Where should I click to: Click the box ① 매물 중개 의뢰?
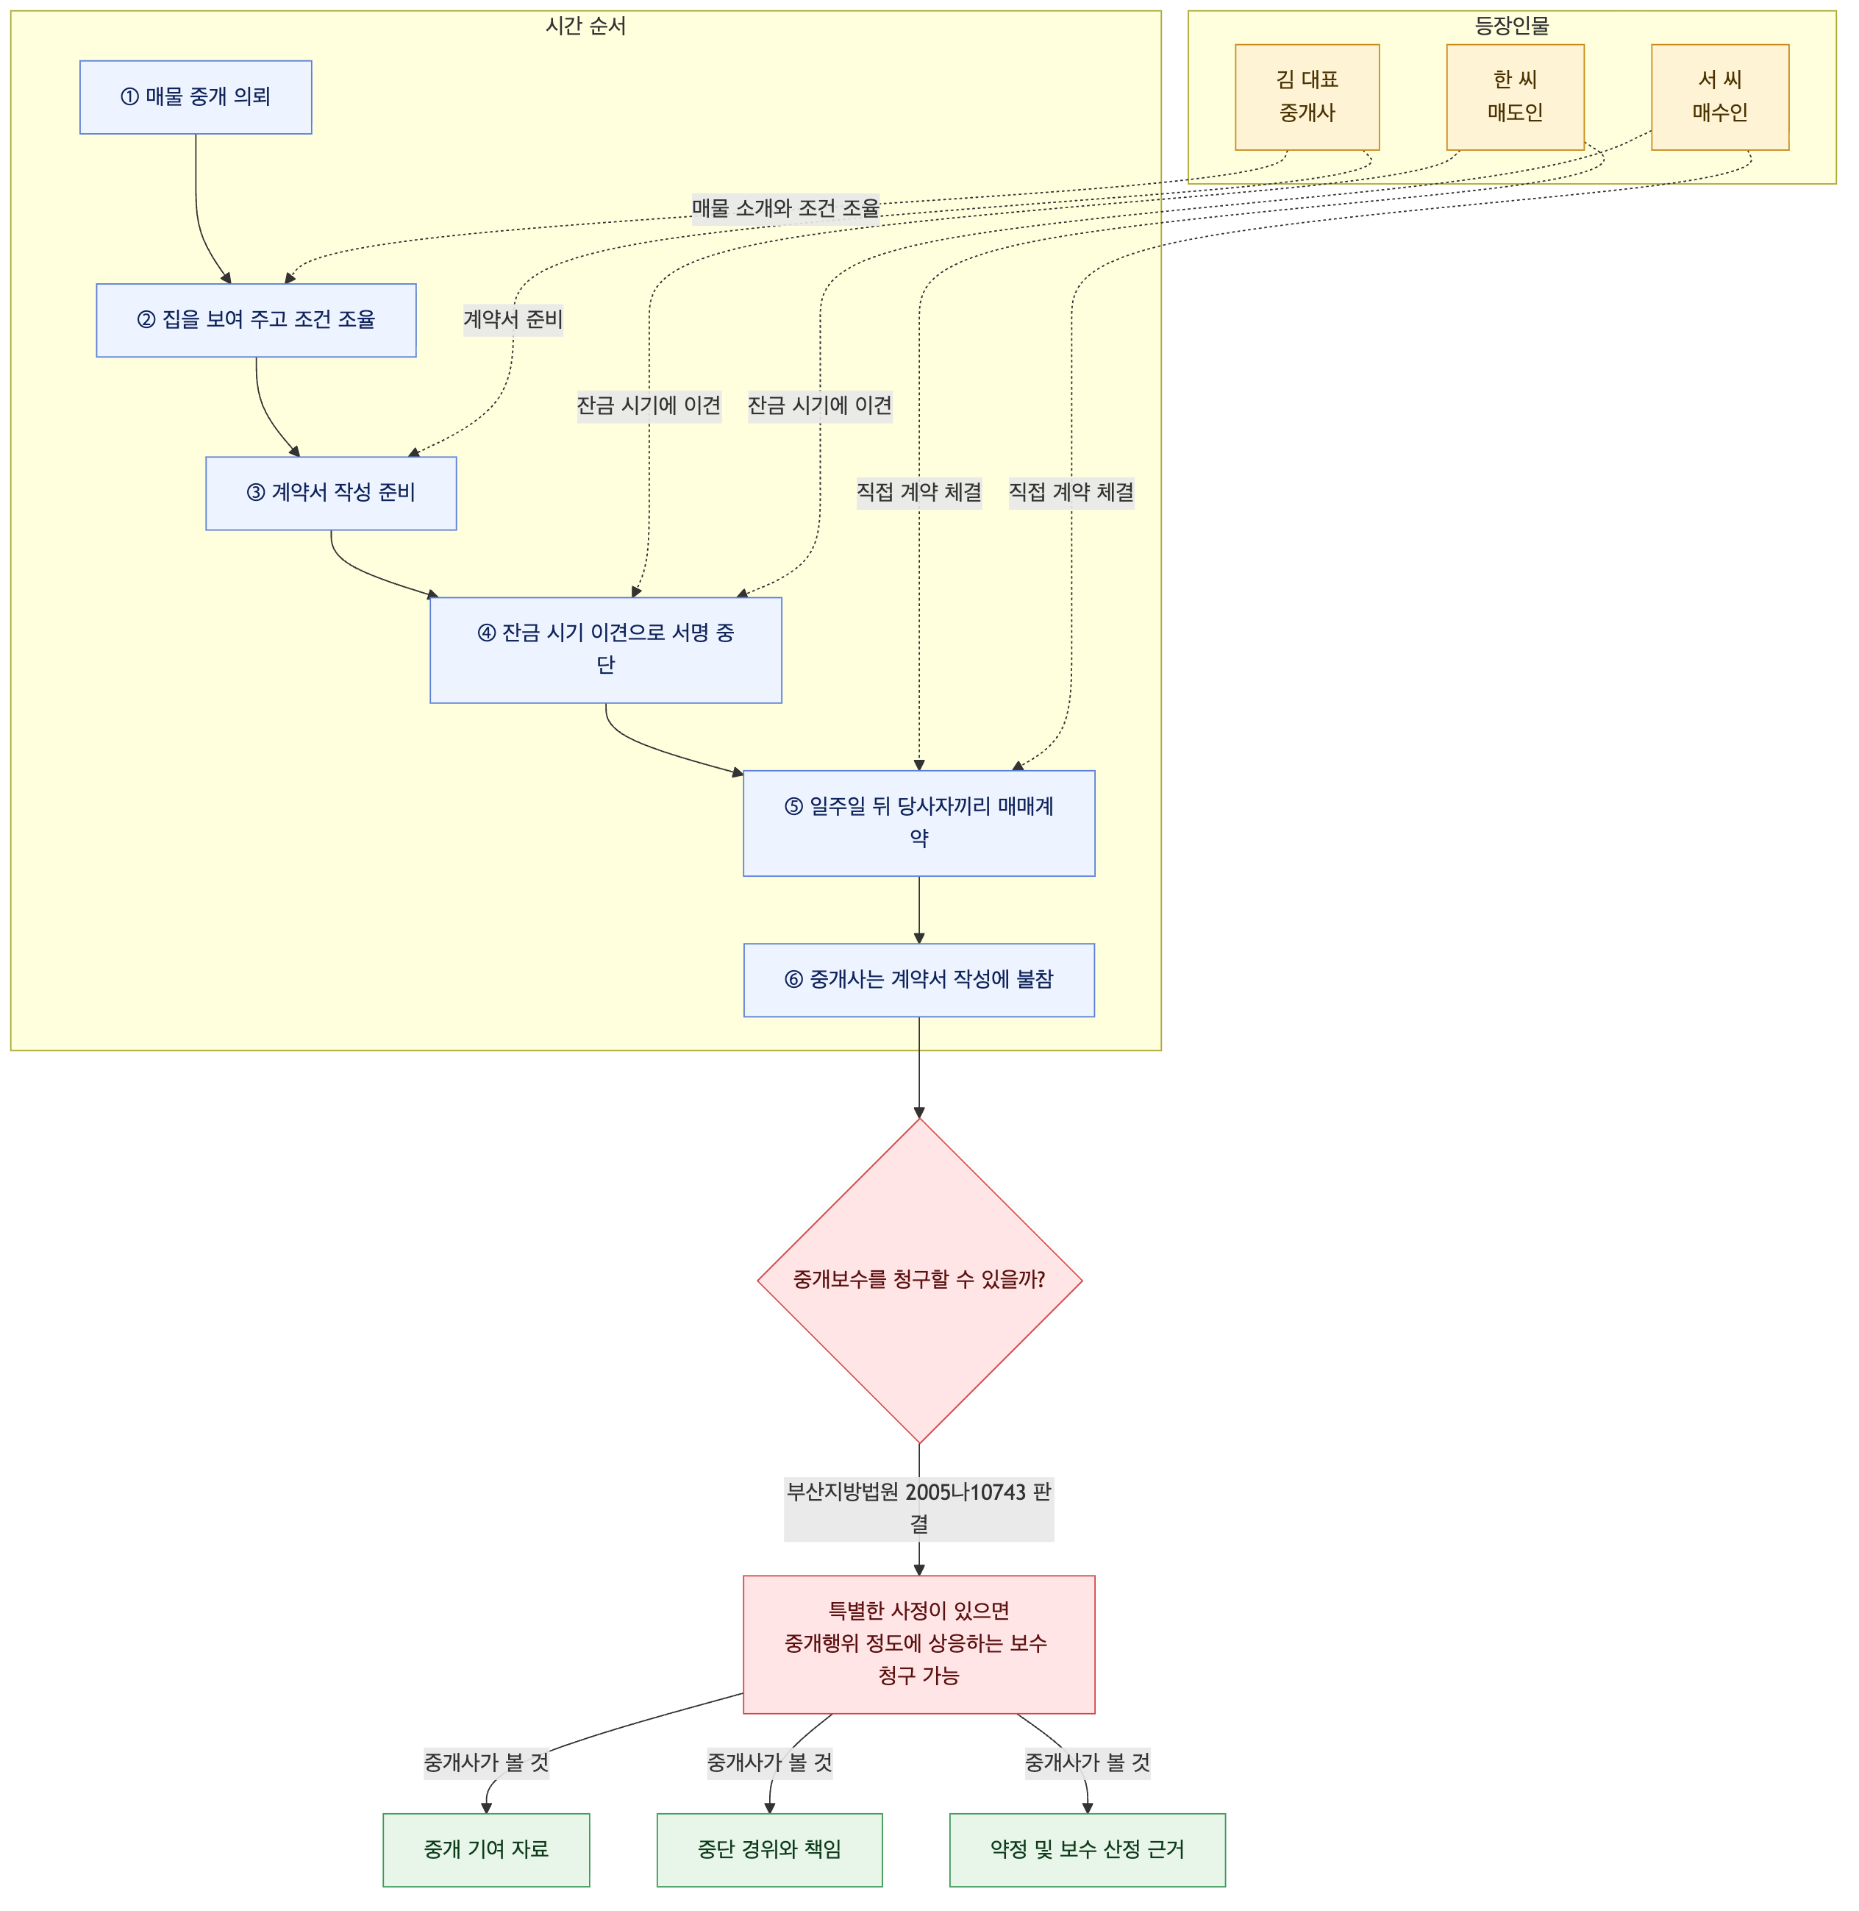point(196,96)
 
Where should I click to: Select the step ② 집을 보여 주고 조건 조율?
point(256,320)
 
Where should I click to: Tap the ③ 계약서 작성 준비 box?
point(331,493)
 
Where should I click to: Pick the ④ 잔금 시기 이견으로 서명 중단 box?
point(605,650)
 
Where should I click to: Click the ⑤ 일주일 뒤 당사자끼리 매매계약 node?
point(918,822)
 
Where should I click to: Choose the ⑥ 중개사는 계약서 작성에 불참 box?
point(918,980)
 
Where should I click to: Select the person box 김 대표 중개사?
point(1307,96)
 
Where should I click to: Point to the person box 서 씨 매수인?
point(1720,96)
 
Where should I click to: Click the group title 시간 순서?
point(586,26)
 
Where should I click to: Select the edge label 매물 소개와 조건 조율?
point(786,208)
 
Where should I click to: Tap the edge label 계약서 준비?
point(513,319)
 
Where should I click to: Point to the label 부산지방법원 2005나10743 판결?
point(918,1508)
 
